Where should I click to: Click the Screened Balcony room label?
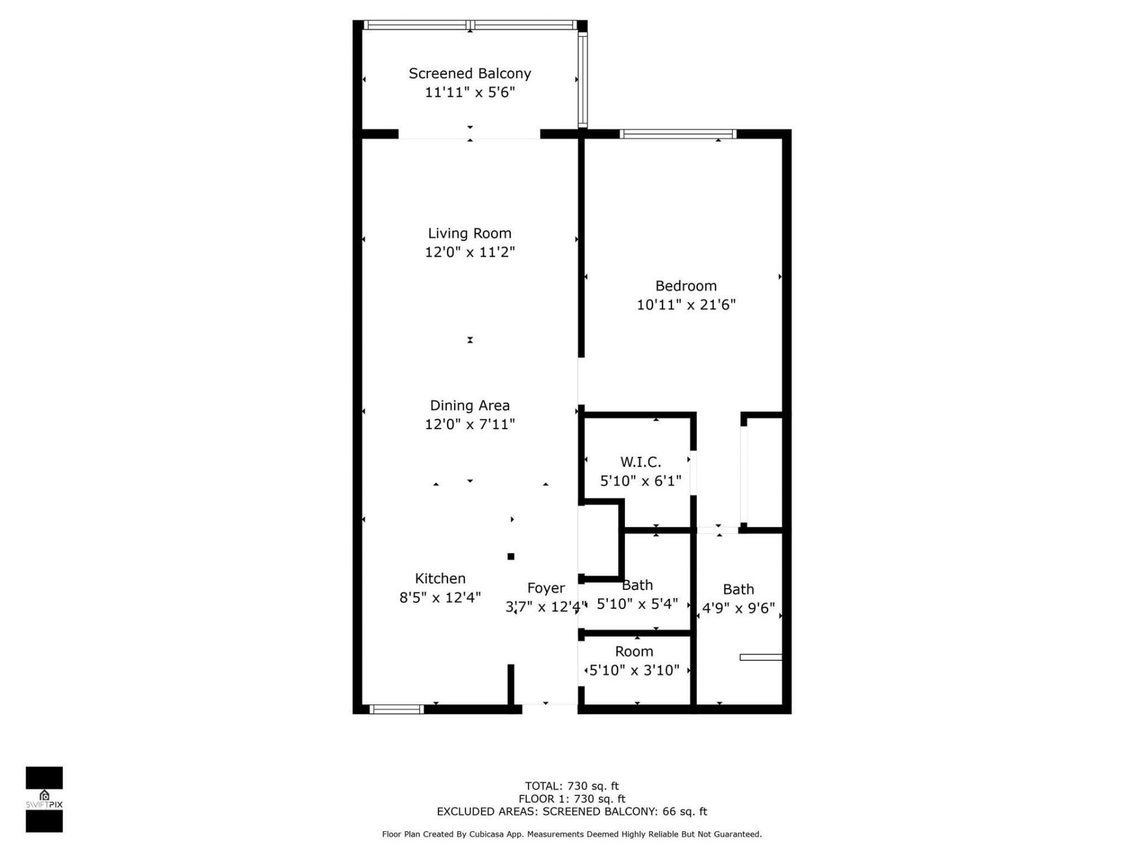[470, 74]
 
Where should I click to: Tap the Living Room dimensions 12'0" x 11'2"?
[470, 252]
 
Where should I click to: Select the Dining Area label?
[470, 406]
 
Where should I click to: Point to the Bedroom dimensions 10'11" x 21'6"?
[686, 305]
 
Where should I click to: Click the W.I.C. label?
[641, 462]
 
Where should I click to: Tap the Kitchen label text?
[440, 579]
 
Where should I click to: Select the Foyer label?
[546, 589]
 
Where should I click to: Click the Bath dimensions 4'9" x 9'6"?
[738, 608]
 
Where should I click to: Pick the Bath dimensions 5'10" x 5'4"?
[637, 604]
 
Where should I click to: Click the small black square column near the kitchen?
[511, 557]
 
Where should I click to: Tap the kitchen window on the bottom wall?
[396, 709]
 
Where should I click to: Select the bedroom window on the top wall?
[677, 134]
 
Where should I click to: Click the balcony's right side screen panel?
[583, 79]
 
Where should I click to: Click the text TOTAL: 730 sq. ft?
[571, 786]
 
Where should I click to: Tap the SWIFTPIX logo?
[44, 799]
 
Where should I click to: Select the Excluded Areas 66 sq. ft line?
[571, 812]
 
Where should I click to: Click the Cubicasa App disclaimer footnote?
[571, 834]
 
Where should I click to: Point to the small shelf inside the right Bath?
[760, 657]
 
